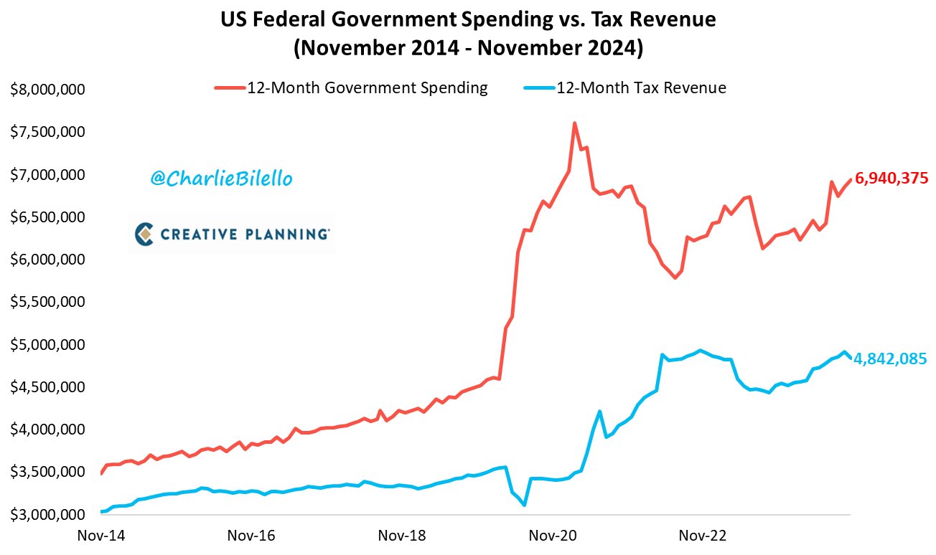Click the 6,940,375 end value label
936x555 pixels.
coord(891,178)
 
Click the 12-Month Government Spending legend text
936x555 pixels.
coord(368,88)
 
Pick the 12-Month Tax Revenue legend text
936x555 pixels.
coord(642,88)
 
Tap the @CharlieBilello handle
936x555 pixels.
coord(221,179)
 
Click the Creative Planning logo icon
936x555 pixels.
coord(144,233)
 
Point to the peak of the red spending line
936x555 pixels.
coord(575,123)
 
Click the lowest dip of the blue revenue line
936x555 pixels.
coord(525,505)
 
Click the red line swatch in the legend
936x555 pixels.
coord(230,88)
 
